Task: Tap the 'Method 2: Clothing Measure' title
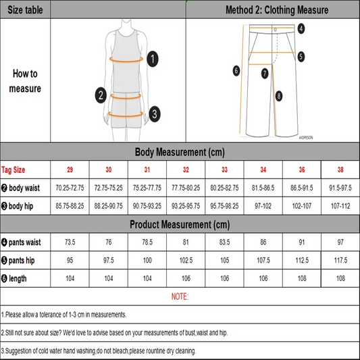(x=276, y=10)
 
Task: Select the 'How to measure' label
(x=25, y=81)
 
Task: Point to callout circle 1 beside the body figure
(x=153, y=59)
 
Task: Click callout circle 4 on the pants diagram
(x=301, y=28)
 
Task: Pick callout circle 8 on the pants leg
(x=278, y=97)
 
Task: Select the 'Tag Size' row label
(x=14, y=169)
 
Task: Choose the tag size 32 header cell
(x=186, y=169)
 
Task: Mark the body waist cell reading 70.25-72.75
(x=70, y=186)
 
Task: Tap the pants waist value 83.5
(x=224, y=241)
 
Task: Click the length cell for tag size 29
(x=70, y=278)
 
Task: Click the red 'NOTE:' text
(x=180, y=297)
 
